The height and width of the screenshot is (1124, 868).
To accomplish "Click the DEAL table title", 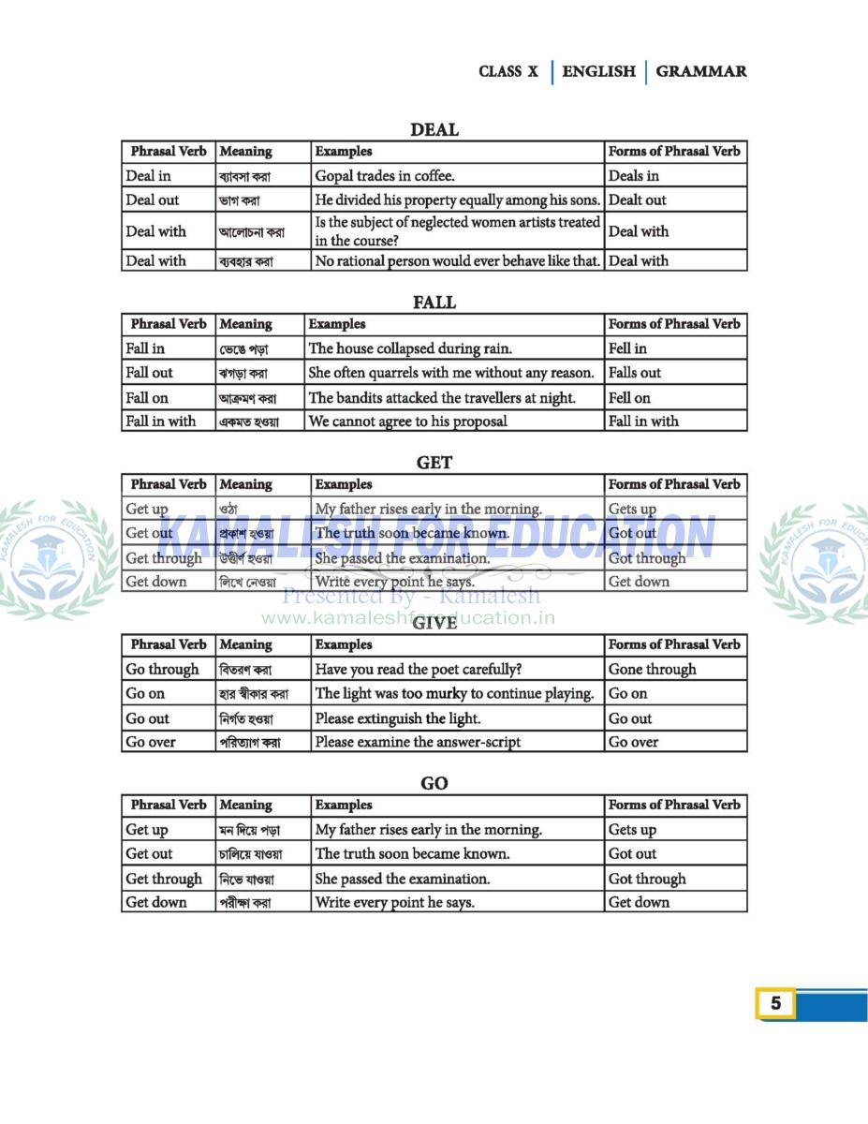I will pos(434,130).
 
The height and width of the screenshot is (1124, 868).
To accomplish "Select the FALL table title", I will pos(434,303).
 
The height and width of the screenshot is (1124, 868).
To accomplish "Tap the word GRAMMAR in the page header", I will pos(701,71).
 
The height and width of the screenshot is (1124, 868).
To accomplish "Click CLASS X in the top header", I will pos(508,71).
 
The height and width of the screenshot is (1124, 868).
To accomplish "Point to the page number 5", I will pos(775,1004).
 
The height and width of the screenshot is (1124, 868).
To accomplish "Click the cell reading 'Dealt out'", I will pos(638,200).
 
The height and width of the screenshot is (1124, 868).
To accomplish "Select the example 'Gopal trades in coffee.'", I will pos(385,175).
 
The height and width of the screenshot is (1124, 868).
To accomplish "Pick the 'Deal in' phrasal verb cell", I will pos(149,175).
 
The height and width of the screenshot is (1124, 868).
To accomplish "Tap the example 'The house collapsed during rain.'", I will pos(410,348).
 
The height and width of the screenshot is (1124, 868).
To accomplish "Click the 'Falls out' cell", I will pos(635,373).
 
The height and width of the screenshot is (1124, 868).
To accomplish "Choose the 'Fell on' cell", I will pos(629,397).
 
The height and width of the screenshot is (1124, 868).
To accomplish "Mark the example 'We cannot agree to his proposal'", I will pos(407,421).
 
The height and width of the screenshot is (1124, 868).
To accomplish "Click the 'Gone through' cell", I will pos(653,669).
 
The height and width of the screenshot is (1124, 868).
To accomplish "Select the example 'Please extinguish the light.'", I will pos(398,718).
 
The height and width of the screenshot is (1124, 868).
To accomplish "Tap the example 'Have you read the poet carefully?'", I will pos(419,669).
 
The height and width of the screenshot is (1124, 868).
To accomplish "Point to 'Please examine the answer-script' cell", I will pos(418,742).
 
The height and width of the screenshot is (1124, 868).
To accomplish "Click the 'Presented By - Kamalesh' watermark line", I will pos(411,596).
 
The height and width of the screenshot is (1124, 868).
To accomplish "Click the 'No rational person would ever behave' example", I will pos(457,260).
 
